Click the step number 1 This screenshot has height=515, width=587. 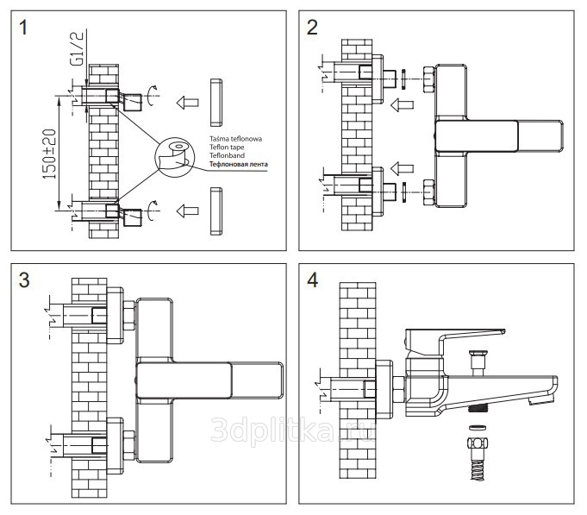click(x=26, y=28)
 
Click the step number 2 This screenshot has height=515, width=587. click(x=312, y=28)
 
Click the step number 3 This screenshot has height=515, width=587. click(x=25, y=280)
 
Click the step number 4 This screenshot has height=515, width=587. click(x=313, y=280)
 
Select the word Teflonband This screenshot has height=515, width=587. click(x=226, y=155)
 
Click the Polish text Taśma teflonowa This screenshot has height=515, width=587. click(x=235, y=139)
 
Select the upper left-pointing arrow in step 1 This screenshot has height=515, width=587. click(x=184, y=101)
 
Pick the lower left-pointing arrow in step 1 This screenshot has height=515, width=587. click(x=184, y=210)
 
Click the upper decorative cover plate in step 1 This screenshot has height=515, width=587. click(x=215, y=101)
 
